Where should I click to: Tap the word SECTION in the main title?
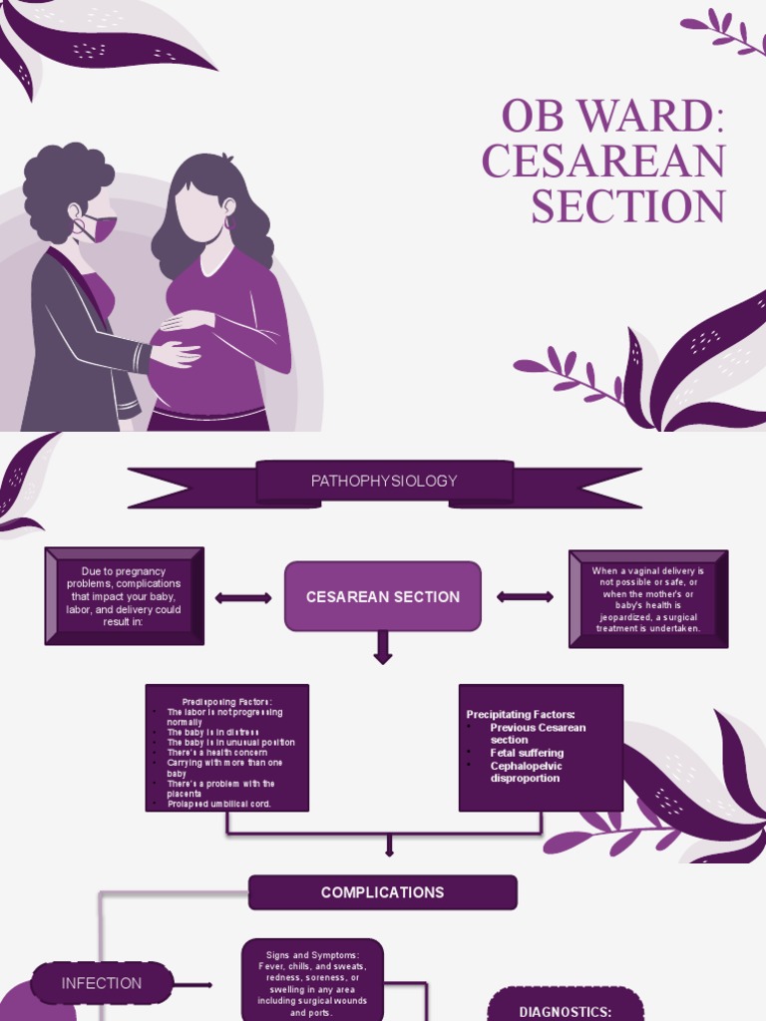[627, 206]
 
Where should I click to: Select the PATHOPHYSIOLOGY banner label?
[384, 481]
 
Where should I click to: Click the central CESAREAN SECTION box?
[383, 596]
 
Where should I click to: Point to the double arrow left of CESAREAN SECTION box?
[243, 598]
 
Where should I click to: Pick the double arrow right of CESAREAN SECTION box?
[525, 597]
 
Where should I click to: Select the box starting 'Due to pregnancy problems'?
[124, 595]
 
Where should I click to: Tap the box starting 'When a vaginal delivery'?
[648, 599]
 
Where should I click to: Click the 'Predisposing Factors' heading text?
[227, 702]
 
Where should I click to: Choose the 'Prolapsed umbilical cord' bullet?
[219, 804]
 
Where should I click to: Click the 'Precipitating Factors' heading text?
[521, 715]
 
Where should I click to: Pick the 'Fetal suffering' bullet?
[527, 753]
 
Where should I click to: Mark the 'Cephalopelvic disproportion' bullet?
[527, 772]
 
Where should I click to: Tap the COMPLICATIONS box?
[383, 892]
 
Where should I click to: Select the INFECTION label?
[102, 983]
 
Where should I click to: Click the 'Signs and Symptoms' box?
[312, 983]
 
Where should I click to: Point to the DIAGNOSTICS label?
[566, 1010]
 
